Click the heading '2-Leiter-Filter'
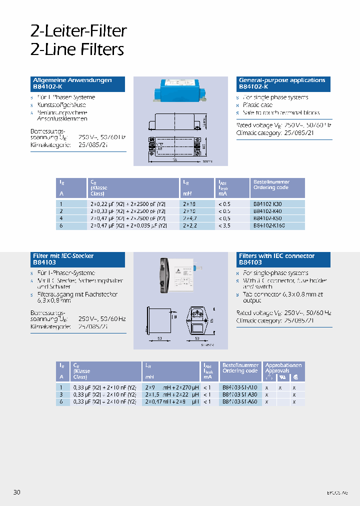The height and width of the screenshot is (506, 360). [78, 31]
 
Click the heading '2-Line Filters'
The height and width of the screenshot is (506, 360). [77, 49]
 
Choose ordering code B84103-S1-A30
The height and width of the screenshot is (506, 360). [240, 394]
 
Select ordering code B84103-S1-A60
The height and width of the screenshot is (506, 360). [240, 401]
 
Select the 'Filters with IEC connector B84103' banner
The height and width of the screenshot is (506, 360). [283, 259]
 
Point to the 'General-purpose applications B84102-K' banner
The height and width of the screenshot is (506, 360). [283, 83]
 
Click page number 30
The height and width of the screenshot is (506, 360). [17, 492]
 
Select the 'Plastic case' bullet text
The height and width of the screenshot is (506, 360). [258, 105]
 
